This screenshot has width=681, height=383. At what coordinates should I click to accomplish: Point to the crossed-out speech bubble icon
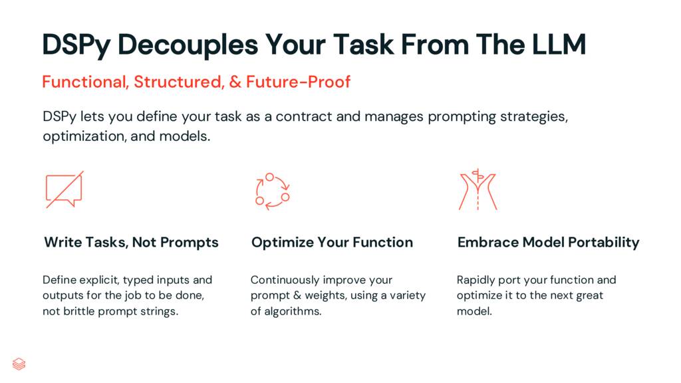(x=64, y=190)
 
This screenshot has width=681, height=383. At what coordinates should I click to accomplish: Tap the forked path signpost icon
(x=477, y=190)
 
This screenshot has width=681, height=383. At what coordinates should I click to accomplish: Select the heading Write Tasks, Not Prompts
(x=131, y=242)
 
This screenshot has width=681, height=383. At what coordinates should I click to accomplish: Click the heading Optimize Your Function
(x=332, y=242)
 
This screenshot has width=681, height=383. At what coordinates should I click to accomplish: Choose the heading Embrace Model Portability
(x=548, y=242)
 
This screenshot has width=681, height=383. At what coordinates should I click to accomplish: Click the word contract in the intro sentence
(x=306, y=117)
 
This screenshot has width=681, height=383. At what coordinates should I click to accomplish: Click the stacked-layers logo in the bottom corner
(x=19, y=364)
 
